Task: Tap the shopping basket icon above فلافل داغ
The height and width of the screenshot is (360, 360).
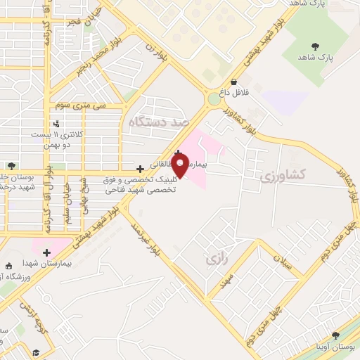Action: click(233, 82)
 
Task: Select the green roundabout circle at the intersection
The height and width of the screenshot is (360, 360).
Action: click(213, 99)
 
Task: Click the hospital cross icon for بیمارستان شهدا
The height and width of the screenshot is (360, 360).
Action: click(46, 252)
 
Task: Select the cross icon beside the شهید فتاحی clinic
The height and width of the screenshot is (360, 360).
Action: click(141, 169)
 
